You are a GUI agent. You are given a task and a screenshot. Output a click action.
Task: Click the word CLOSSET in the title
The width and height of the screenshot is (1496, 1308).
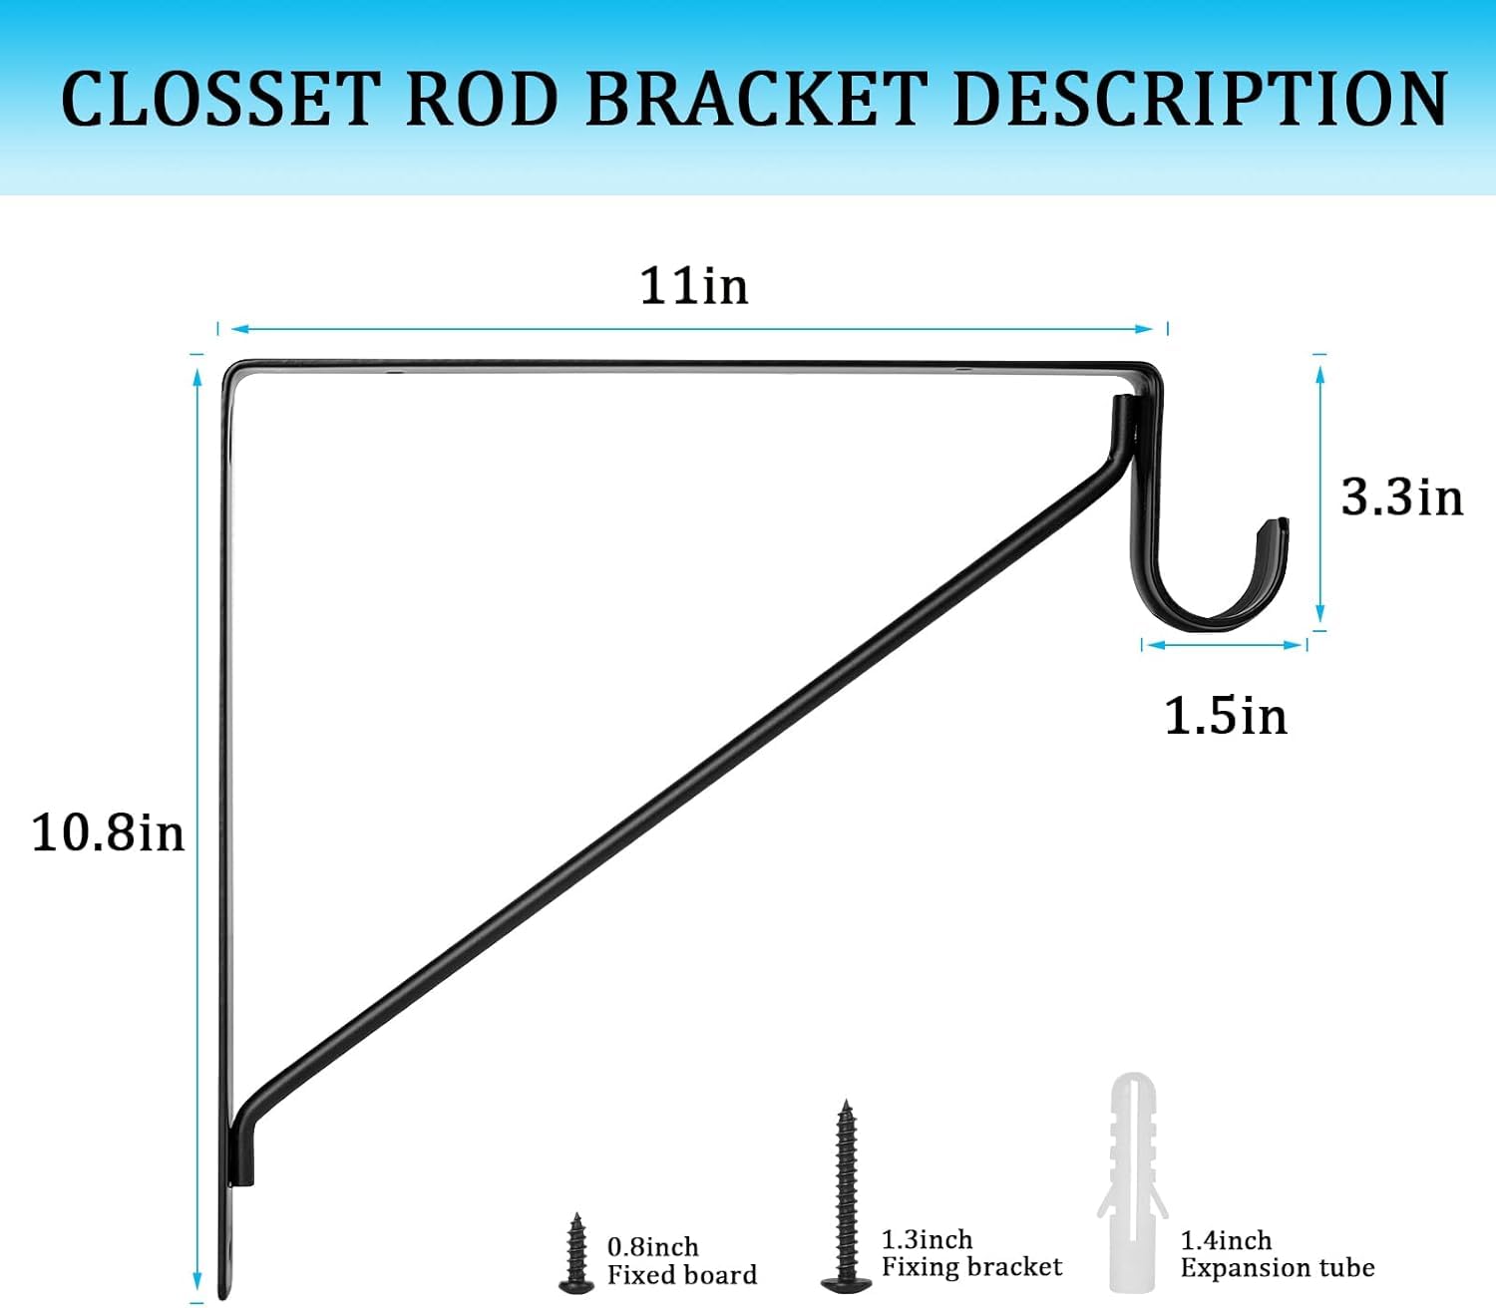pyautogui.click(x=220, y=99)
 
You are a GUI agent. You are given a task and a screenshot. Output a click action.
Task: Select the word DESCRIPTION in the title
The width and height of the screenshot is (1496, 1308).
pyautogui.click(x=1200, y=99)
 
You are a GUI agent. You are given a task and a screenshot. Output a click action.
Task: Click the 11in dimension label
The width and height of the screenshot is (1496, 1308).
pyautogui.click(x=693, y=286)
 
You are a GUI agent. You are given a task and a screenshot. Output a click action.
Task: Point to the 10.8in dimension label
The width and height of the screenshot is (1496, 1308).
pyautogui.click(x=108, y=832)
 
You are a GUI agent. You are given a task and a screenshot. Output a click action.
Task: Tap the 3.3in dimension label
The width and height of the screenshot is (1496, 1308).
pyautogui.click(x=1401, y=496)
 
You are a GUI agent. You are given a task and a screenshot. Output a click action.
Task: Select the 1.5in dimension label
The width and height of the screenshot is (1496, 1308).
pyautogui.click(x=1226, y=716)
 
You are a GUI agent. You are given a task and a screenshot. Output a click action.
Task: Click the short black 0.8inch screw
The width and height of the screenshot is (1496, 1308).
pyautogui.click(x=575, y=1254)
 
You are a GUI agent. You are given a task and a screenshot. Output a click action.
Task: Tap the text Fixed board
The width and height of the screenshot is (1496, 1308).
pyautogui.click(x=682, y=1275)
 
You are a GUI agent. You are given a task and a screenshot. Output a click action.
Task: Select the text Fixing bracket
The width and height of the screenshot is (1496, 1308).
pyautogui.click(x=971, y=1267)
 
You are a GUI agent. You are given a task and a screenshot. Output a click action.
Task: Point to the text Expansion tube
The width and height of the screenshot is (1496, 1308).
pyautogui.click(x=1277, y=1268)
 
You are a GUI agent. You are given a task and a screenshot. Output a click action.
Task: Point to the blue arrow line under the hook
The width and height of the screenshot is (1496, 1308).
pyautogui.click(x=1224, y=645)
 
